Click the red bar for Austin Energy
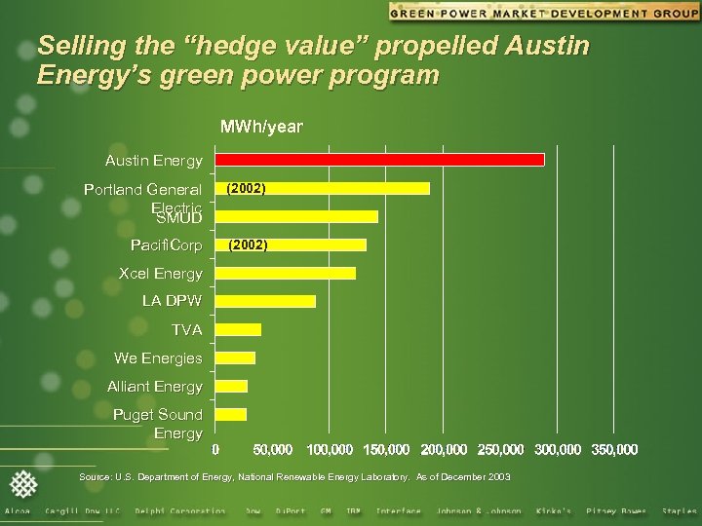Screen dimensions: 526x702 pyautogui.click(x=379, y=160)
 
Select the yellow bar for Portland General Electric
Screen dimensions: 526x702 pyautogui.click(x=322, y=188)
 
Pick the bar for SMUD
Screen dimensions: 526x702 pyautogui.click(x=296, y=216)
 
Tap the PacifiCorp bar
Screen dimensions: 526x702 pyautogui.click(x=291, y=244)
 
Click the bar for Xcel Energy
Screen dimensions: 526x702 pyautogui.click(x=285, y=273)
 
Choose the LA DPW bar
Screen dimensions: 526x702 pyautogui.click(x=265, y=301)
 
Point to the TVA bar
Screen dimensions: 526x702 pyautogui.click(x=238, y=329)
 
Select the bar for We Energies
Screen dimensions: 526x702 pyautogui.click(x=235, y=357)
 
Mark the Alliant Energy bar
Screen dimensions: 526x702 pyautogui.click(x=231, y=386)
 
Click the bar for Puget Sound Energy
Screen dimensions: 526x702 pyautogui.click(x=231, y=415)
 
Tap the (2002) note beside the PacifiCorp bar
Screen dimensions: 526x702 pyautogui.click(x=248, y=245)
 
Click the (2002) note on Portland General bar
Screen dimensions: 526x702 pyautogui.click(x=246, y=188)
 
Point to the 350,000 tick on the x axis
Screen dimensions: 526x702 pyautogui.click(x=614, y=449)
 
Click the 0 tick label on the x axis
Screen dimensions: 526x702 pyautogui.click(x=215, y=449)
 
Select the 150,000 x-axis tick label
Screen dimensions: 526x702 pyautogui.click(x=386, y=449)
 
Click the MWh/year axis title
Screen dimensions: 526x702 pyautogui.click(x=261, y=127)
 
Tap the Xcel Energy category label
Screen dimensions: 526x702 pyautogui.click(x=161, y=273)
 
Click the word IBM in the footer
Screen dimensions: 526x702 pyautogui.click(x=354, y=510)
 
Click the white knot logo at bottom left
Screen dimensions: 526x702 pyautogui.click(x=22, y=483)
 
